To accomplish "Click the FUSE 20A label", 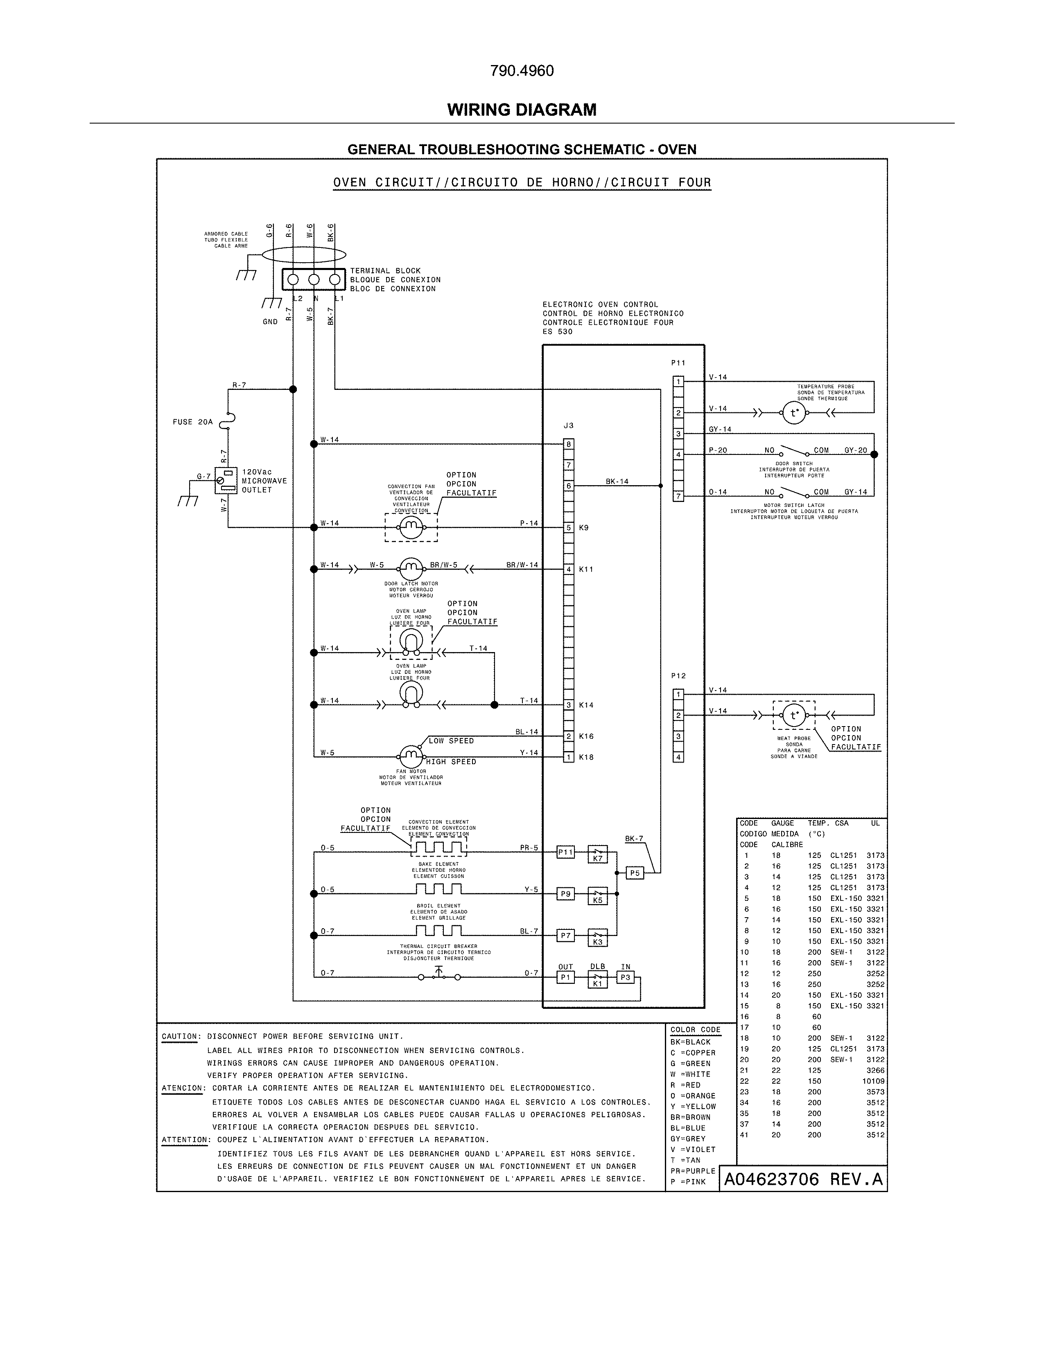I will point(192,422).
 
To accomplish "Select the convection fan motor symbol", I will point(411,527).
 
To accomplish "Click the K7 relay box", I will point(597,855).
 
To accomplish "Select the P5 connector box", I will point(635,873).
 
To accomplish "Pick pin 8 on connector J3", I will point(568,444).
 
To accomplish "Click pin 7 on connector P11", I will point(678,496).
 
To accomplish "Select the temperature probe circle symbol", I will point(794,413).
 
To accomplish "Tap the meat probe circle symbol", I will point(794,716).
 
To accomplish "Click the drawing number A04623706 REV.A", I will point(803,1179).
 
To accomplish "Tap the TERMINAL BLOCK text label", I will point(385,271).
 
